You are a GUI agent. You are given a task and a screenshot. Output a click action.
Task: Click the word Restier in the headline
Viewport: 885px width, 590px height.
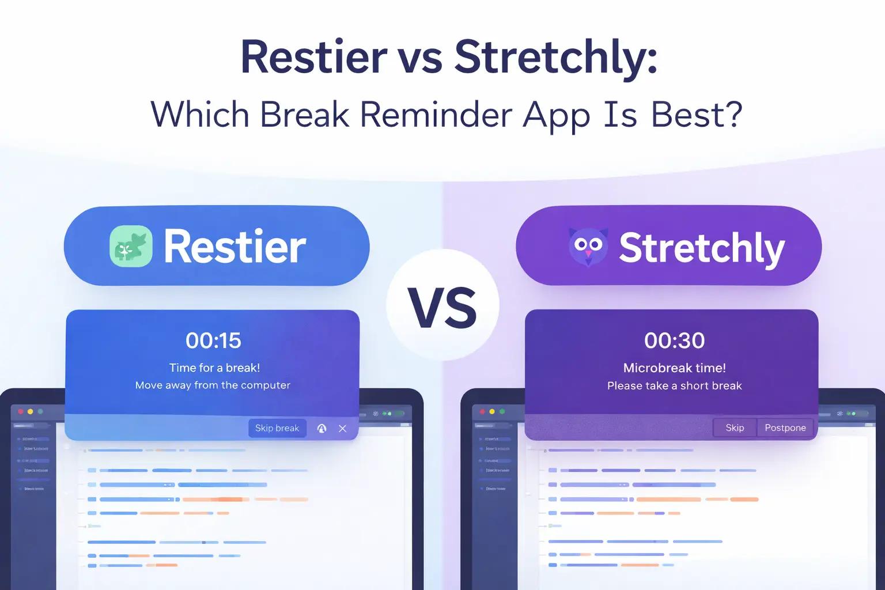click(x=314, y=58)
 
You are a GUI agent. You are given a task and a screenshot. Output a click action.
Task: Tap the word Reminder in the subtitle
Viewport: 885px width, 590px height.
click(x=436, y=115)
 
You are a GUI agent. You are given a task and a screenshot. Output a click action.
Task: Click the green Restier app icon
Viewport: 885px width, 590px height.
click(x=131, y=247)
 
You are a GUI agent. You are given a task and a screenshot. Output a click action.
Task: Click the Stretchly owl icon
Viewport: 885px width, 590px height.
click(x=588, y=247)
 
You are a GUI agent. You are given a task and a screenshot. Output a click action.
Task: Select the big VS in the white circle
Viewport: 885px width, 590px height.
click(x=442, y=307)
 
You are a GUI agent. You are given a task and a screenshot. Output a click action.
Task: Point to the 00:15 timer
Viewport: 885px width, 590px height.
click(x=213, y=341)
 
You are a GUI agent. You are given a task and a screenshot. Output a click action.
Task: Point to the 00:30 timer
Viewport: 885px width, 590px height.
click(x=674, y=341)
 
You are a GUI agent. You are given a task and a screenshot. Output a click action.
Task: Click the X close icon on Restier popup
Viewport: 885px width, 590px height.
click(x=343, y=429)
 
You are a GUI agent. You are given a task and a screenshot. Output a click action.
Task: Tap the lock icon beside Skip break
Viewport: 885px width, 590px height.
click(x=322, y=429)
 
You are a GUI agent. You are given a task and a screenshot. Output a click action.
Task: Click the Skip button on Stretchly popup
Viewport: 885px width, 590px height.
click(x=735, y=428)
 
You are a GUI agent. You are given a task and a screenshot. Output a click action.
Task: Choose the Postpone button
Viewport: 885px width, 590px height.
click(x=785, y=428)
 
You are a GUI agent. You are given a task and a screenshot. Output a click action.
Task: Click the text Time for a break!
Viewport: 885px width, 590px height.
click(x=214, y=368)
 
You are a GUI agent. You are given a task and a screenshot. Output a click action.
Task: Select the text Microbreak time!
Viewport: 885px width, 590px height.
click(x=674, y=368)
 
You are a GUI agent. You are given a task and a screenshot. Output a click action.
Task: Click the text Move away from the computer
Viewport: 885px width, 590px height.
click(x=213, y=385)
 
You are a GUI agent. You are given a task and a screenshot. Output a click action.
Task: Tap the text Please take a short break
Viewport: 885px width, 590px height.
click(x=674, y=385)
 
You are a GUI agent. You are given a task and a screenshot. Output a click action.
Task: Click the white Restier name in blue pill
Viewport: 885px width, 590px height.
click(x=235, y=247)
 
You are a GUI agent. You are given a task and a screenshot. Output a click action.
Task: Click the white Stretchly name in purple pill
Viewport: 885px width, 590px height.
click(x=702, y=248)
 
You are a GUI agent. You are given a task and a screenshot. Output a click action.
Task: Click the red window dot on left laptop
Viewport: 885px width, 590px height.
click(x=21, y=411)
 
